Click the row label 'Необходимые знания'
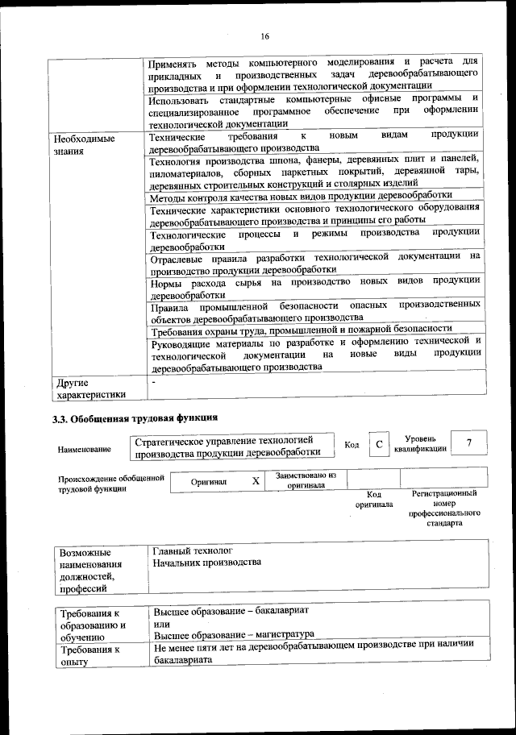pyautogui.click(x=81, y=144)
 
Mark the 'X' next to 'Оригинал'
pyautogui.click(x=256, y=481)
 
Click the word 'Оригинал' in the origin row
pyautogui.click(x=209, y=482)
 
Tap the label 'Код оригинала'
pyautogui.click(x=374, y=499)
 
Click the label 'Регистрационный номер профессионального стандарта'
pyautogui.click(x=444, y=508)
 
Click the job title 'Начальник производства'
pyautogui.click(x=207, y=562)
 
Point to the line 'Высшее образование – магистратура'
pyautogui.click(x=233, y=633)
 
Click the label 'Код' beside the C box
pyautogui.click(x=352, y=445)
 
